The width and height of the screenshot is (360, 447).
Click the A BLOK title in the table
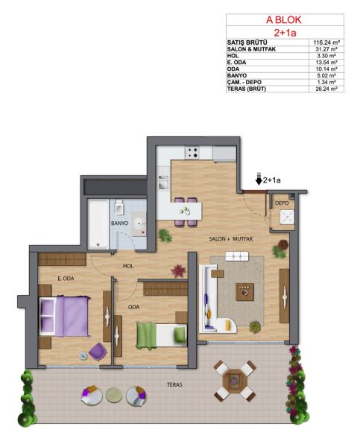[x=283, y=20]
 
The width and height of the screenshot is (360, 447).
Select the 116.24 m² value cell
[x=326, y=42]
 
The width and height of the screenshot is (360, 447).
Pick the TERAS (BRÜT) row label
[x=247, y=89]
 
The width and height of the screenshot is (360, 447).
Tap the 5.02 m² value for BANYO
[x=326, y=75]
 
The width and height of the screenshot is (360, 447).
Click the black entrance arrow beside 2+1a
[x=259, y=179]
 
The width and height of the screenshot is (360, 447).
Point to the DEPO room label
[x=282, y=203]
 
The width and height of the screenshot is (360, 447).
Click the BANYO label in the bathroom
[x=119, y=223]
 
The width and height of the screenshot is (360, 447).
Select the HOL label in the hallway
[x=128, y=266]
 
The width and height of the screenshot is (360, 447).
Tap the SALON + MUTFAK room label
[x=231, y=239]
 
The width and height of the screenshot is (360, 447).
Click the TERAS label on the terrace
[x=174, y=384]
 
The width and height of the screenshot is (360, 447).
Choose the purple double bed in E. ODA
[x=64, y=316]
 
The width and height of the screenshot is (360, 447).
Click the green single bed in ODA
[x=161, y=335]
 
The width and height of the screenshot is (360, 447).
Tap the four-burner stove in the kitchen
[x=192, y=153]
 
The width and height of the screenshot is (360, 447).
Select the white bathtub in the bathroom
[x=98, y=224]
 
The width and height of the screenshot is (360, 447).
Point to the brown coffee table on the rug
[x=244, y=292]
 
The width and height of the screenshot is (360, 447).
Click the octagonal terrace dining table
[x=235, y=381]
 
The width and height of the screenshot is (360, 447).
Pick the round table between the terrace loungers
[x=114, y=395]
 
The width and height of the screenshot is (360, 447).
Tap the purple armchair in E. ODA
[x=98, y=352]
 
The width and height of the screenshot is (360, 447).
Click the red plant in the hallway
[x=178, y=271]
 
